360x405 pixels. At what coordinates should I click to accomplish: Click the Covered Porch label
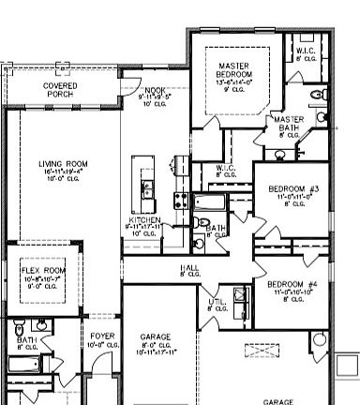pyautogui.click(x=61, y=89)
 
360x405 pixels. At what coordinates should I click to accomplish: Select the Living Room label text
pyautogui.click(x=63, y=166)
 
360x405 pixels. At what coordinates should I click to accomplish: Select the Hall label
pyautogui.click(x=189, y=270)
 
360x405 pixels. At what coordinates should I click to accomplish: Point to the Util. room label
pyautogui.click(x=217, y=305)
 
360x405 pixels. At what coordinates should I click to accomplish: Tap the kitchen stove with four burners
pyautogui.click(x=179, y=199)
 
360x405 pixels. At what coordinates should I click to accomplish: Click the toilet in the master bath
pyautogui.click(x=306, y=153)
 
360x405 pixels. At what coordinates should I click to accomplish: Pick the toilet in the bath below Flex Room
pyautogui.click(x=19, y=330)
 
